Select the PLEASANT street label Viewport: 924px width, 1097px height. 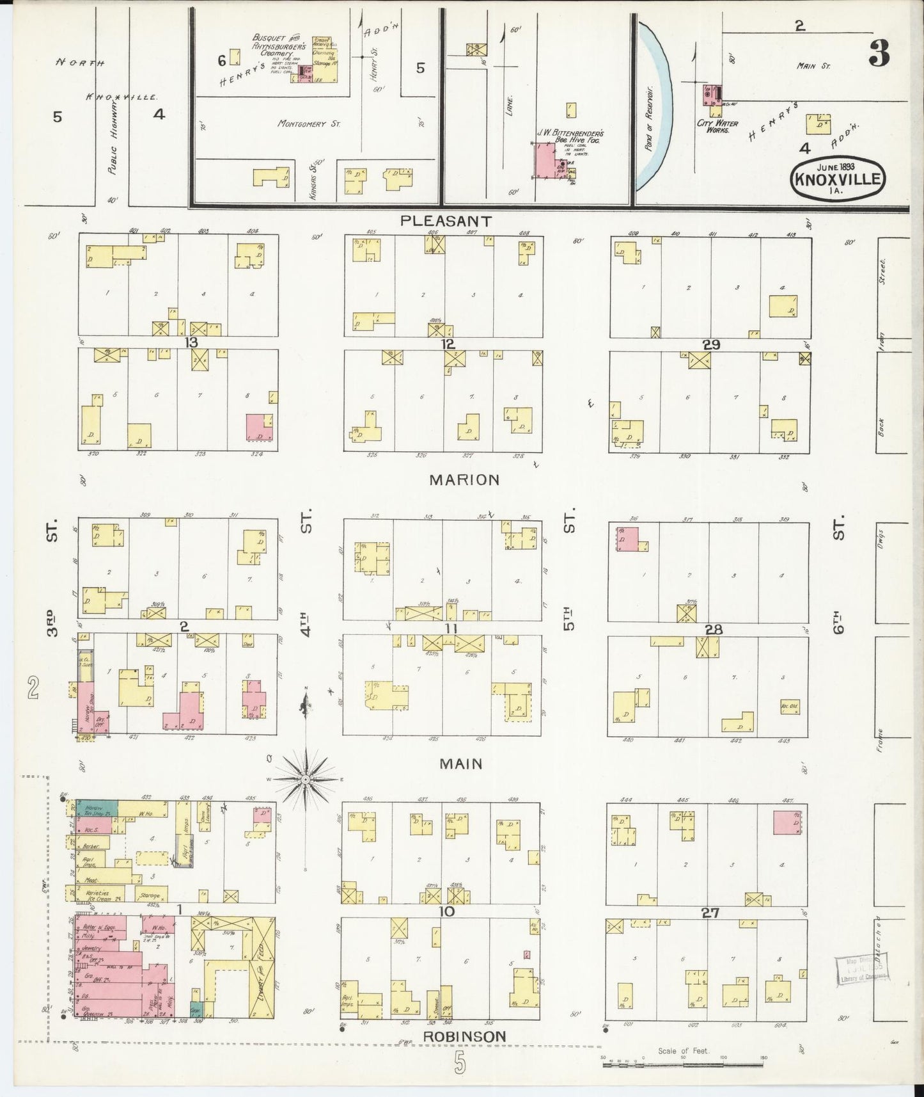click(x=446, y=221)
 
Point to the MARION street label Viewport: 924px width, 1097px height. click(x=464, y=480)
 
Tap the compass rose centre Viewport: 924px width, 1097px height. click(x=306, y=779)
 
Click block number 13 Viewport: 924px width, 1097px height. click(x=191, y=342)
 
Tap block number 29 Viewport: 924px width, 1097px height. click(x=711, y=344)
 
